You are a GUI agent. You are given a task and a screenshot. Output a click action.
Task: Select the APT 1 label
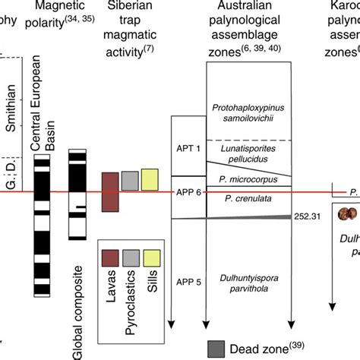point(188,149)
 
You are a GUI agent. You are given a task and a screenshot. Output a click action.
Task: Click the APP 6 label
point(188,192)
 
